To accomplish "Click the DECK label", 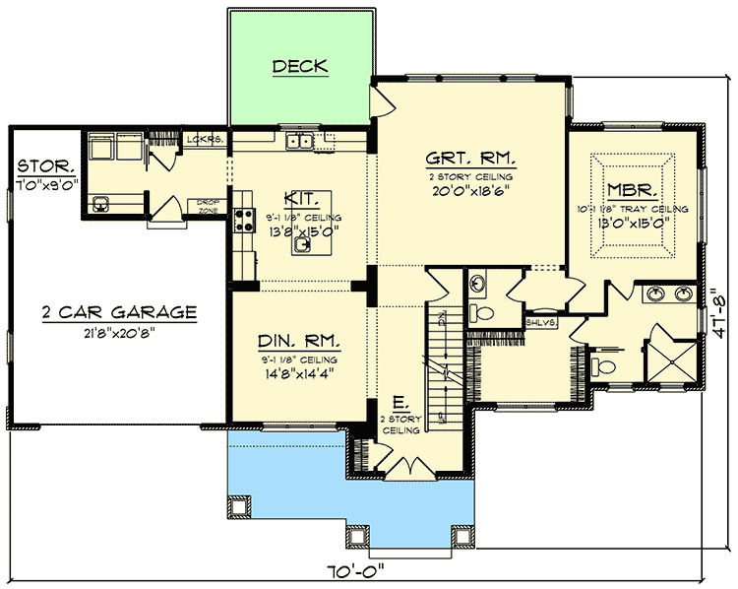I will pos(299,67).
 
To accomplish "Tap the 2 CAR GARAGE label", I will pos(119,312).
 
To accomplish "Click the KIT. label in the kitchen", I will pos(300,198).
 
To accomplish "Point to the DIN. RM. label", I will pos(300,342).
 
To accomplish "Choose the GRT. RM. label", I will pos(471,158).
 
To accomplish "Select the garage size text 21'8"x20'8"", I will pos(119,332).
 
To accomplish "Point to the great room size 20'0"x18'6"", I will pos(471,193).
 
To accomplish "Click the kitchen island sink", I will pos(304,246).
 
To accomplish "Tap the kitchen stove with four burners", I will pos(243,224).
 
